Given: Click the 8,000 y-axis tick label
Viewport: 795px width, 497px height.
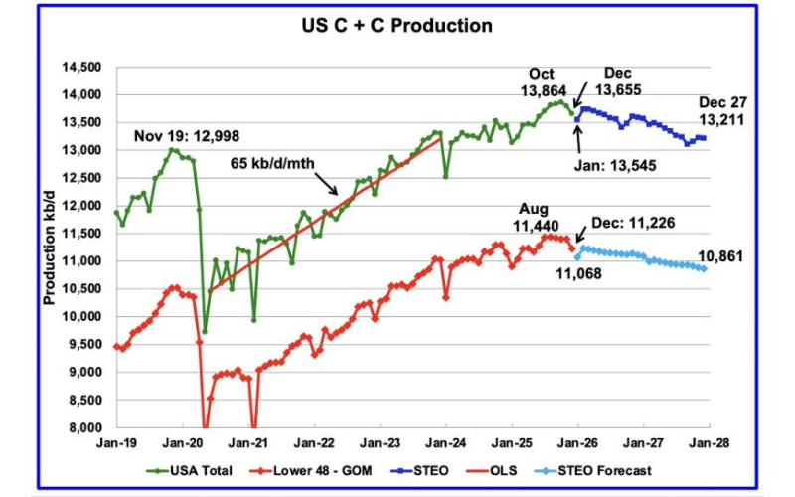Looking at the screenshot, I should [85, 428].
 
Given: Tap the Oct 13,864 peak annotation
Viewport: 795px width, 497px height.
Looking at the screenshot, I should [545, 83].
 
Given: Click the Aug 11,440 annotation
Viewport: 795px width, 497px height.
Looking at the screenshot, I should [538, 219].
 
